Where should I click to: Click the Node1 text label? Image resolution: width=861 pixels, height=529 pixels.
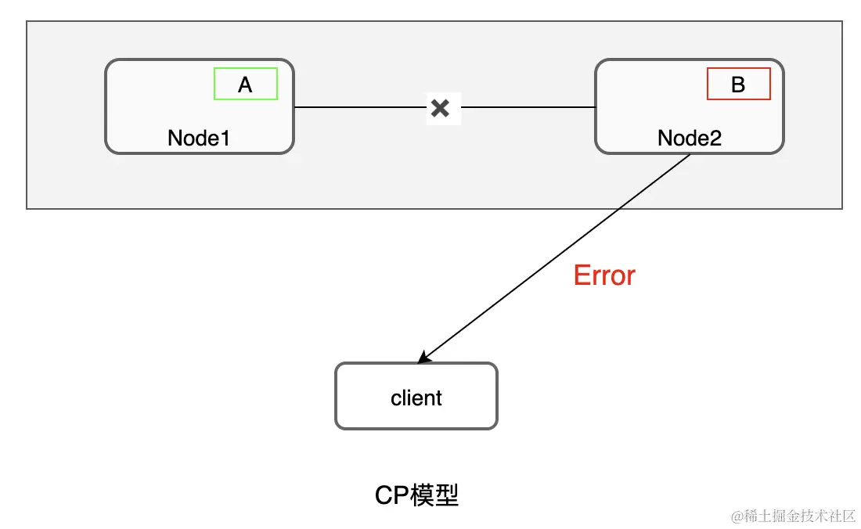point(199,138)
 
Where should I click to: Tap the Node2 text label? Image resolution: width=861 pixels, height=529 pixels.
point(689,138)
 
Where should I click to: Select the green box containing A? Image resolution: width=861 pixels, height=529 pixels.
point(246,84)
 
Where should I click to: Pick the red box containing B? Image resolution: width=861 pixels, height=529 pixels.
point(738,84)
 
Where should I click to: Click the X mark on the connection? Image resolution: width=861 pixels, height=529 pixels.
point(441,108)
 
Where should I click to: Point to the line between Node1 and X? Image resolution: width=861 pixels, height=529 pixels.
point(360,106)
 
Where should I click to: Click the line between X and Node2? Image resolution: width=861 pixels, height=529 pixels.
point(528,106)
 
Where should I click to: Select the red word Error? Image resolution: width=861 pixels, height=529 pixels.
point(604,275)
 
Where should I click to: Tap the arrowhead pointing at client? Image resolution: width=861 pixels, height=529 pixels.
point(423,358)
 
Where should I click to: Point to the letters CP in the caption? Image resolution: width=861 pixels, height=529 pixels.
point(391,495)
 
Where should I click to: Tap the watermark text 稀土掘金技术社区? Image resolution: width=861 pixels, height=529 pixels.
point(798,515)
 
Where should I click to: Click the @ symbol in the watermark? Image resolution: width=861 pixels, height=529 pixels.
point(737,516)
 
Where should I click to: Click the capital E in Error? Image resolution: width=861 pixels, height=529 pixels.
point(581,275)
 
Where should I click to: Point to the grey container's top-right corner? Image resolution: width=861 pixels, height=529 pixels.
point(842,21)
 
